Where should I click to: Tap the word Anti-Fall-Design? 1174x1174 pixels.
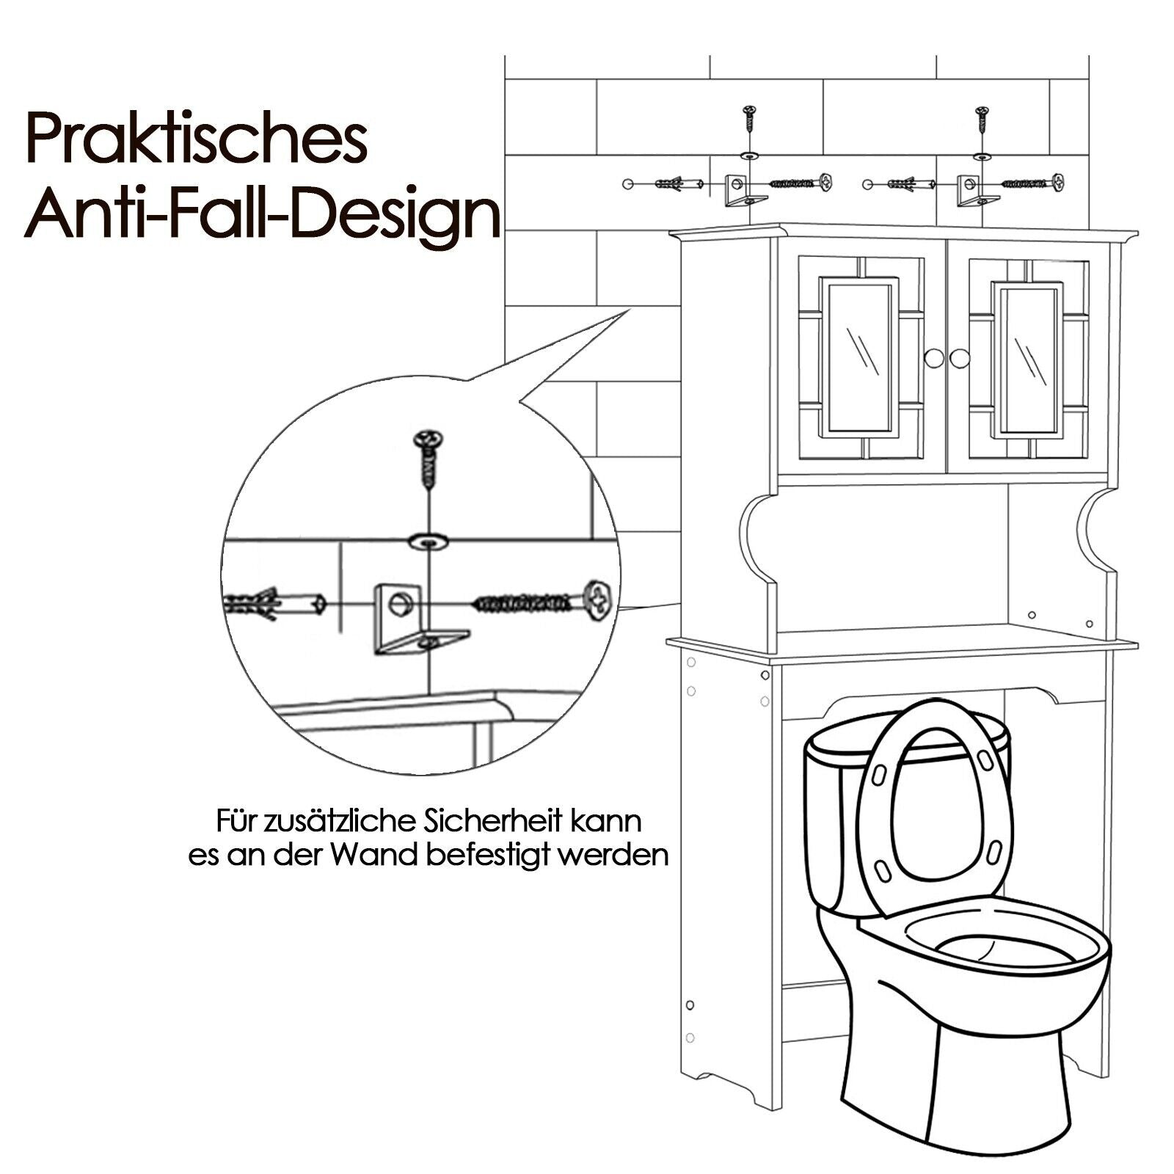tap(263, 216)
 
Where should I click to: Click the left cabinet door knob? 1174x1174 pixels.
tap(934, 359)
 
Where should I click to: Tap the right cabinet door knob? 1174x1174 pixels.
tap(960, 359)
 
